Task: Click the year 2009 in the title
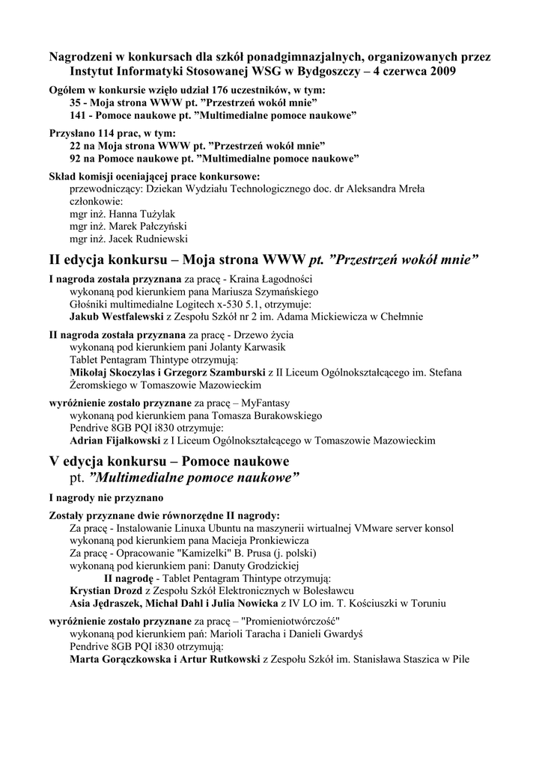[439, 72]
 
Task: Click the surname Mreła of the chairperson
[407, 189]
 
